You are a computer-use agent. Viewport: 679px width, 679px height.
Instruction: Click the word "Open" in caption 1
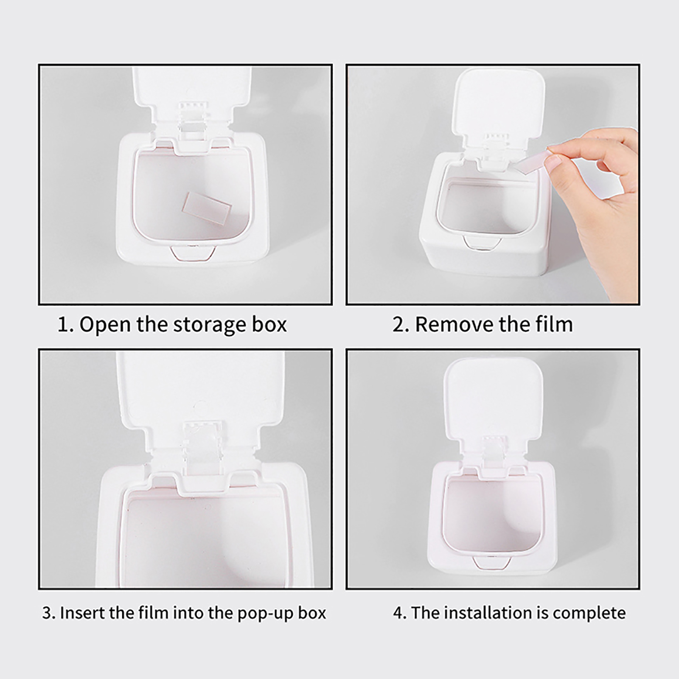(106, 325)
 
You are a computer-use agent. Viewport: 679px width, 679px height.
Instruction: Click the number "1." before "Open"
(66, 325)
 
